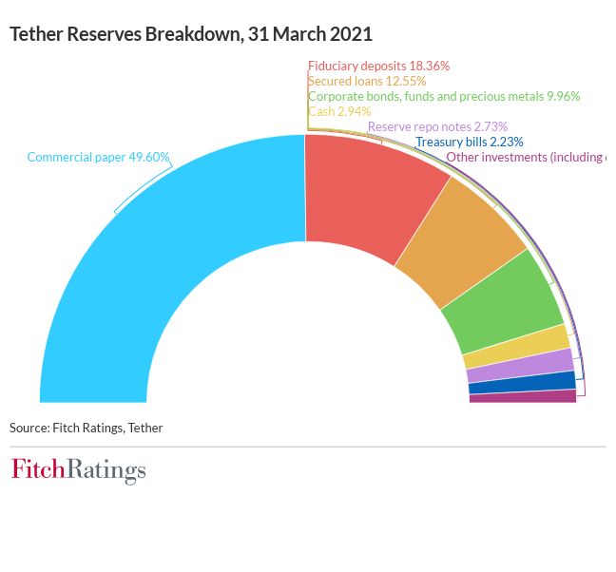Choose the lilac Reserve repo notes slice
(521, 368)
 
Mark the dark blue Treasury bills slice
(523, 383)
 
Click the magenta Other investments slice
(523, 396)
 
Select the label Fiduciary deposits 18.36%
(378, 67)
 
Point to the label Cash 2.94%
(339, 111)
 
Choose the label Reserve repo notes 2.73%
(437, 126)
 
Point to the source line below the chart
(87, 428)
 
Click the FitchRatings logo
(79, 469)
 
